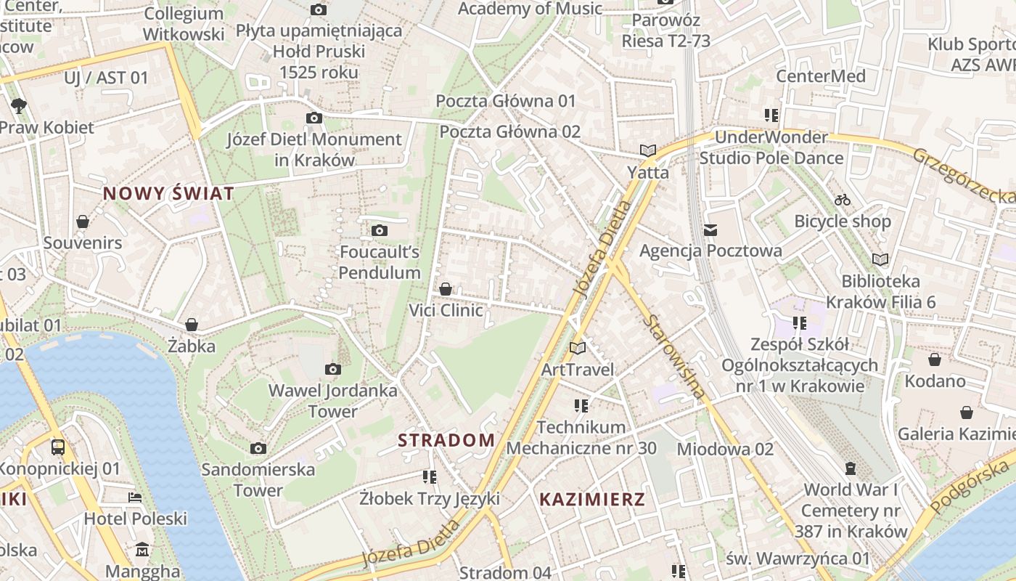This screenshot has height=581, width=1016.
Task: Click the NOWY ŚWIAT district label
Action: tap(168, 193)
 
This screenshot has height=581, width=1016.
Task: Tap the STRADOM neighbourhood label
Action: tap(446, 440)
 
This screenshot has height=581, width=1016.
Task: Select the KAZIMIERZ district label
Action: tap(592, 500)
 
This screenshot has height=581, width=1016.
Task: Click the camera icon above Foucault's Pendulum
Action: tap(379, 231)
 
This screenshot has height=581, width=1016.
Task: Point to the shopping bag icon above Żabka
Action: tap(192, 325)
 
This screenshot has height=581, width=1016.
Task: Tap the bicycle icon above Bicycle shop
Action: tap(842, 199)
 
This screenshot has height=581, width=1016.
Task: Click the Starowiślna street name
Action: tap(675, 356)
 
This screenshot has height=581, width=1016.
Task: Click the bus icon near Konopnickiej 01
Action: tap(58, 447)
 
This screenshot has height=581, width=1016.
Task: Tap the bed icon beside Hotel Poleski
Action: tap(135, 497)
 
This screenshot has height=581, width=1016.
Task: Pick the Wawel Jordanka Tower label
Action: tap(333, 401)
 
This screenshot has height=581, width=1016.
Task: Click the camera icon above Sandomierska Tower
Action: tap(258, 448)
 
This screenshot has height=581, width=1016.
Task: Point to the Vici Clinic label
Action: tap(446, 311)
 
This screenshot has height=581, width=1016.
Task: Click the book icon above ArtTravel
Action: tap(578, 349)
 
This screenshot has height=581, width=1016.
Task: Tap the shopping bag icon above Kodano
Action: tap(935, 359)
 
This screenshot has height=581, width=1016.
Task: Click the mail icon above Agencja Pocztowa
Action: tap(710, 230)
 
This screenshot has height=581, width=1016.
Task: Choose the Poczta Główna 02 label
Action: tap(510, 131)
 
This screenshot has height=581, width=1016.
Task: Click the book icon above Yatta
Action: tap(648, 151)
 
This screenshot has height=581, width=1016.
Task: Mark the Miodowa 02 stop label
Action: tap(725, 449)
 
